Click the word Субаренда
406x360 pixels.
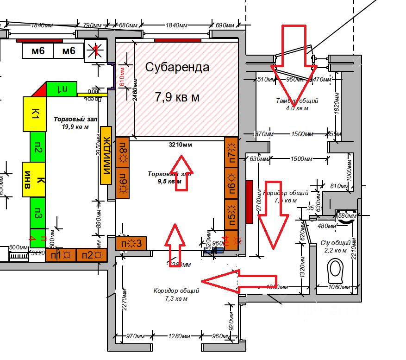coord(177,67)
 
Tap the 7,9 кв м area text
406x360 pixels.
coord(177,97)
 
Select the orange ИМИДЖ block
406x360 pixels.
coord(106,155)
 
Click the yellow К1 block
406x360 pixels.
coord(34,114)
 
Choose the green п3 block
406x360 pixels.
coord(37,214)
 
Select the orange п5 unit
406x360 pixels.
coord(231,215)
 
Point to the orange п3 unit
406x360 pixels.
coord(131,243)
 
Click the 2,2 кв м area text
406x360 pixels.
coord(334,250)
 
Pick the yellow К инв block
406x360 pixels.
coord(34,179)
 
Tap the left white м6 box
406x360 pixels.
coord(38,51)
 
